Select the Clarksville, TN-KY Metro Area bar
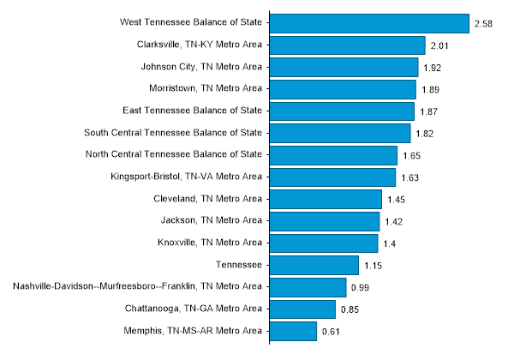click(347, 45)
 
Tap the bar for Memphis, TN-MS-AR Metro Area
click(293, 331)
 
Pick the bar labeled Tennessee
click(314, 265)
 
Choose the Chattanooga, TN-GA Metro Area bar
click(302, 309)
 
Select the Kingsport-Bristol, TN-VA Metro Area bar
click(332, 177)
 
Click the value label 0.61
click(331, 331)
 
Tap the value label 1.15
click(373, 266)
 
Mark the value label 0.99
click(360, 287)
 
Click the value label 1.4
click(390, 243)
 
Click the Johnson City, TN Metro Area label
click(201, 66)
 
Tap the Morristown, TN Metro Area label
click(206, 87)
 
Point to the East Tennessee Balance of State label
click(193, 110)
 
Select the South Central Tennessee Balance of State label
click(174, 132)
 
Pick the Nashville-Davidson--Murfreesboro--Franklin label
click(138, 285)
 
